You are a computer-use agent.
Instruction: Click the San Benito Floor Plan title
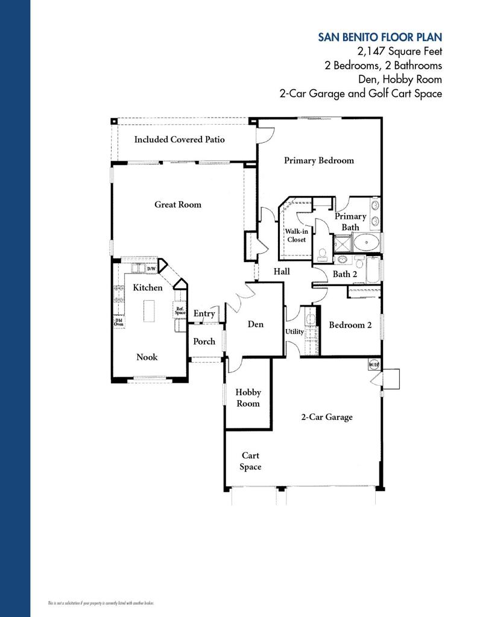tap(380, 37)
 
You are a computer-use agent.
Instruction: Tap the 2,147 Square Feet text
tap(399, 52)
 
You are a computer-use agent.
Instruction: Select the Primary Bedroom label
tap(319, 160)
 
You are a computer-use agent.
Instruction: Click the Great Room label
tap(178, 204)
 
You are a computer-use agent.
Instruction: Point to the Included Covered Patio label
tap(179, 139)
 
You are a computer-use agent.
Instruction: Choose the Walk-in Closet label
tap(296, 235)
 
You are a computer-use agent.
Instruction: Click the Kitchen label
tap(148, 287)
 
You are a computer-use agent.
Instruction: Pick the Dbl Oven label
tap(119, 322)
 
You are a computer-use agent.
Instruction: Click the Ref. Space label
tap(180, 311)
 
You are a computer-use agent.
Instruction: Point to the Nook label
tap(147, 357)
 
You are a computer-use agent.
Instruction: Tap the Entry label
tap(204, 313)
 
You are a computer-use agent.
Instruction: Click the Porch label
tap(204, 341)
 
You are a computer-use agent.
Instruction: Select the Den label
tap(256, 324)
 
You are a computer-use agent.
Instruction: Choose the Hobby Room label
tap(248, 398)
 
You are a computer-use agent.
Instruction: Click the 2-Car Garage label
tap(327, 417)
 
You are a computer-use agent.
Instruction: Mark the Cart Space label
tap(250, 461)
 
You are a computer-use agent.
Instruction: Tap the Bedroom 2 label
tap(350, 325)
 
